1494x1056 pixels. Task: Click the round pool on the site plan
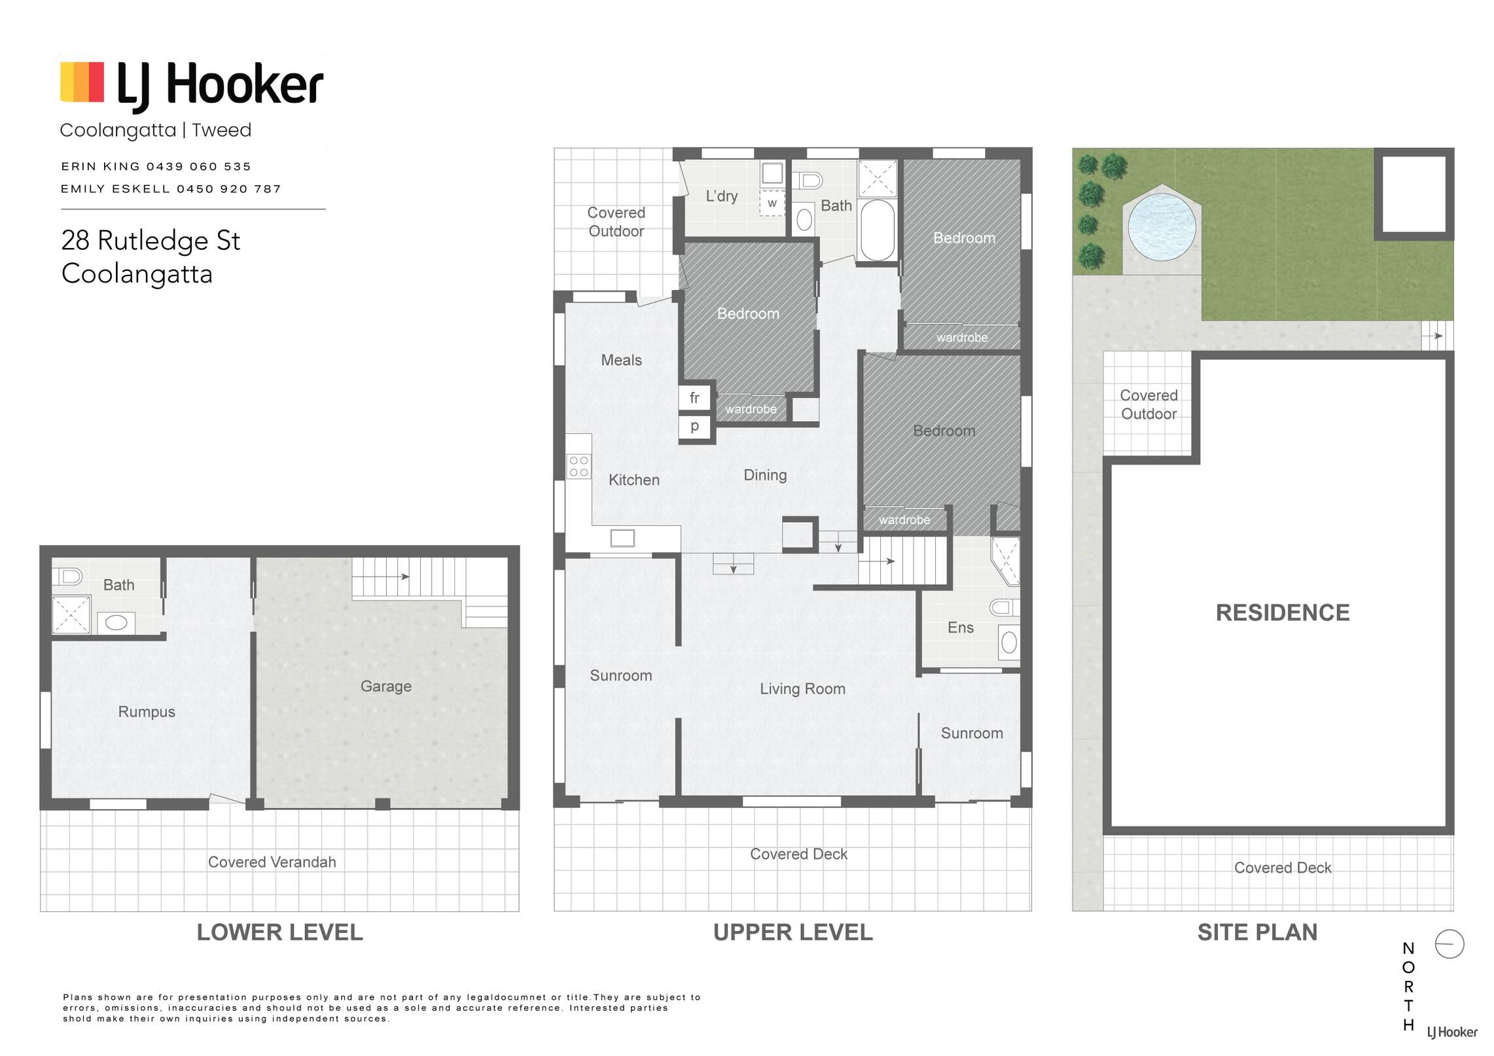[1162, 226]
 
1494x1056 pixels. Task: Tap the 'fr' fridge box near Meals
[694, 397]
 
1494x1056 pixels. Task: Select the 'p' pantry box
[694, 426]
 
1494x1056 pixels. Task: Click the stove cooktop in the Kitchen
[578, 466]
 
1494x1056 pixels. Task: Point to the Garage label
[385, 686]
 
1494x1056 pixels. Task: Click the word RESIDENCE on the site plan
[1282, 612]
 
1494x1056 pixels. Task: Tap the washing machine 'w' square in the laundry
[772, 203]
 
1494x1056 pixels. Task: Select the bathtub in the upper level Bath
[877, 230]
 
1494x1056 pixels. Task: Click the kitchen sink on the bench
[622, 538]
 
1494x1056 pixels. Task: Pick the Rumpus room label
[147, 712]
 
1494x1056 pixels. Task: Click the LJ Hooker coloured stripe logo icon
[82, 82]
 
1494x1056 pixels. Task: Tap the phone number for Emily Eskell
[229, 189]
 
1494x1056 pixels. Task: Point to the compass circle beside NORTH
[1449, 944]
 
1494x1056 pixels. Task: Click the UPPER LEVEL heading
[792, 932]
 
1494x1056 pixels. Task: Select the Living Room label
[802, 689]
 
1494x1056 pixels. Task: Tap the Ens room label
[960, 628]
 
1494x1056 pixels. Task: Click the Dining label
[765, 475]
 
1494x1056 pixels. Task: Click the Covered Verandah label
[272, 862]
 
